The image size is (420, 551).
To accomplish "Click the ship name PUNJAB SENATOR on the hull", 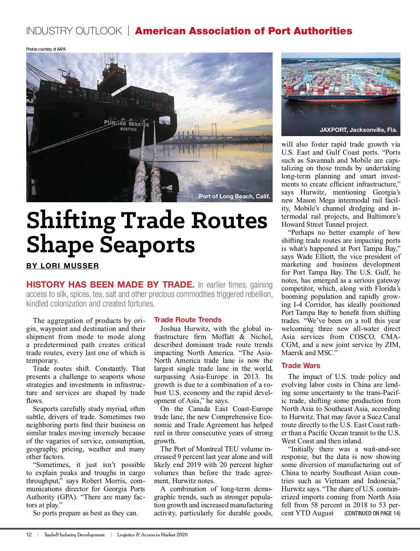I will tap(126, 123).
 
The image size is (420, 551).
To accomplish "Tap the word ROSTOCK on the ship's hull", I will tap(128, 129).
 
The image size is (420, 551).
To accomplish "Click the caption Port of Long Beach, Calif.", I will tap(234, 196).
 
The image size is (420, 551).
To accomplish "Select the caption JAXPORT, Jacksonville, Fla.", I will tap(358, 130).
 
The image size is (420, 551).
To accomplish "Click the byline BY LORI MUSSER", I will tap(63, 266).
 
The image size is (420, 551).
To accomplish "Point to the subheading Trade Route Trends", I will tap(188, 320).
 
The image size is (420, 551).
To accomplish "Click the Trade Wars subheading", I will tap(301, 366).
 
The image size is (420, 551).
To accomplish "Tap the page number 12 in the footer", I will tap(29, 535).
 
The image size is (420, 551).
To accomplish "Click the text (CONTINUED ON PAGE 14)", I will tap(372, 513).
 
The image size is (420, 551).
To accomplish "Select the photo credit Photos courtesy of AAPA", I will tap(46, 49).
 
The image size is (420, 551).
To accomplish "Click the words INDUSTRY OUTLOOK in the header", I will tap(74, 31).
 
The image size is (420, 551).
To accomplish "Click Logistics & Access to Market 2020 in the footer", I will tap(152, 535).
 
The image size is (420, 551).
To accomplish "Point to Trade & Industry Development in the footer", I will tap(75, 535).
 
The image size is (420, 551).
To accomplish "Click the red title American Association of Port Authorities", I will tap(244, 31).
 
